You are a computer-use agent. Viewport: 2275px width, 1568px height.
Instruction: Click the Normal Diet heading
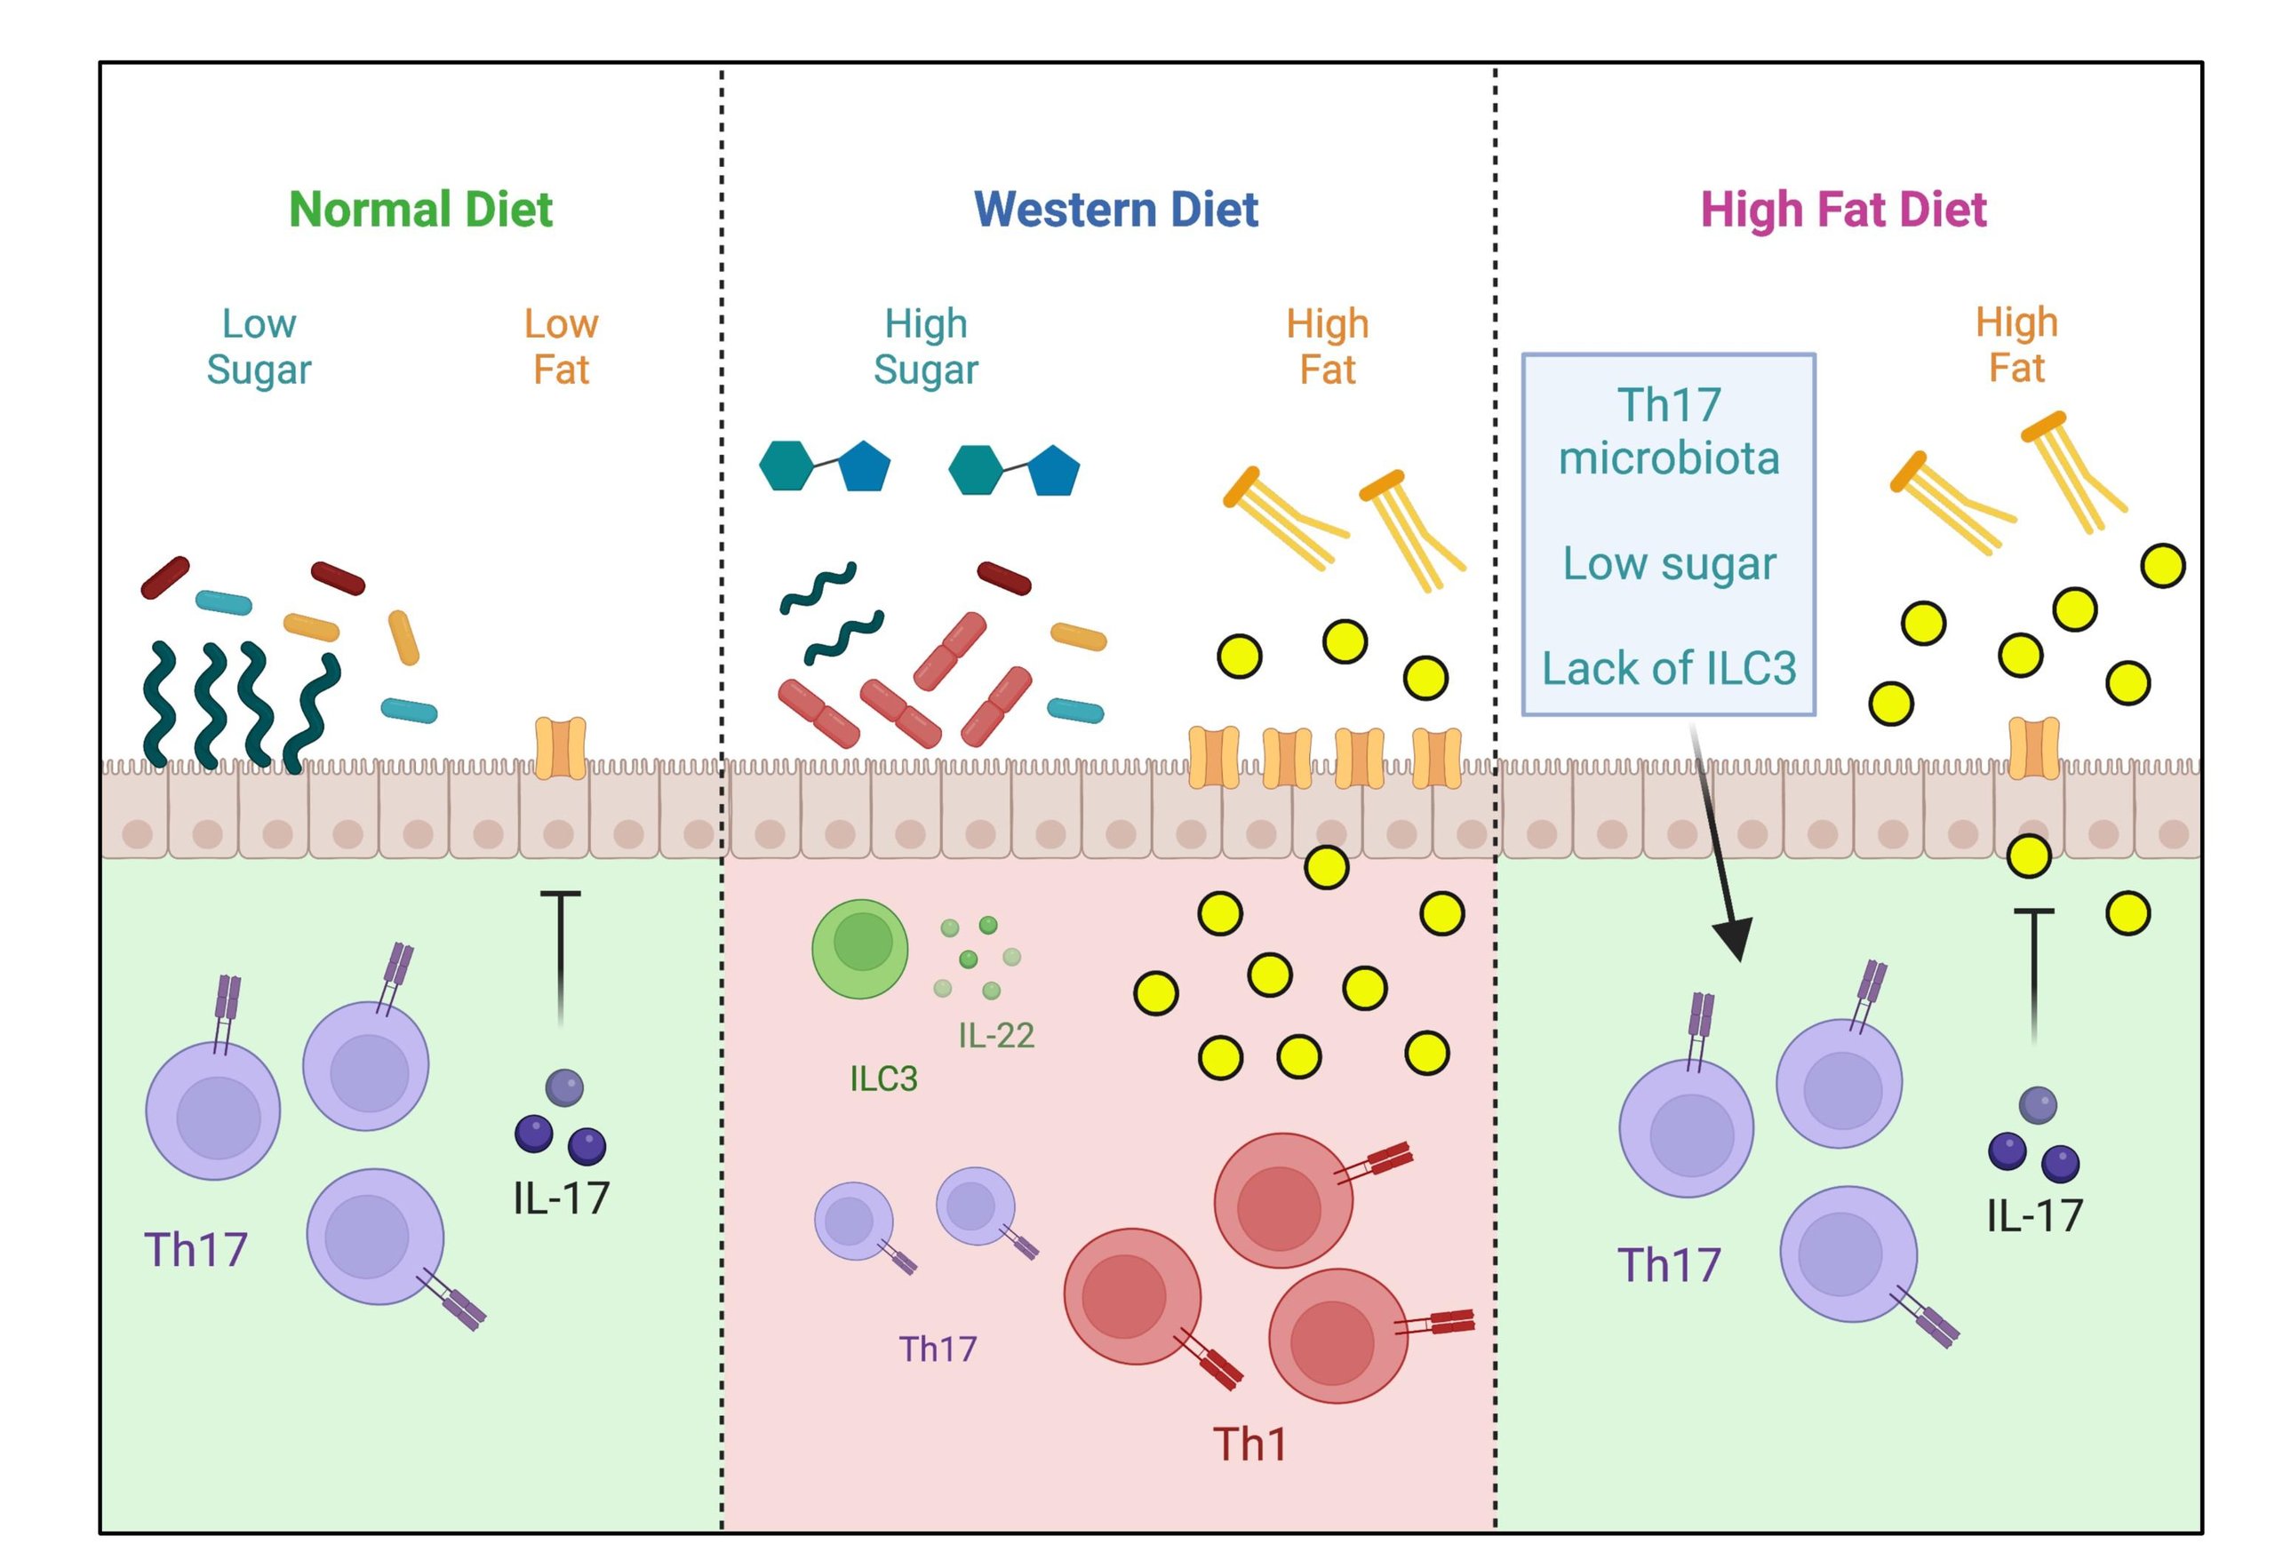click(x=420, y=210)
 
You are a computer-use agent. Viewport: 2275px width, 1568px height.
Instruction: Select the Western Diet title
click(x=1115, y=210)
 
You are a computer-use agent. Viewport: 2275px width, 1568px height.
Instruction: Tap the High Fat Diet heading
click(x=1844, y=210)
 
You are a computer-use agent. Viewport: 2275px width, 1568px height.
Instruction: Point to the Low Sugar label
click(x=259, y=346)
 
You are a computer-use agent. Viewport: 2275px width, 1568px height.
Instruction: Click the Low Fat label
click(x=561, y=346)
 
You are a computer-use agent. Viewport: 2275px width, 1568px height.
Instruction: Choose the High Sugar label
click(x=926, y=346)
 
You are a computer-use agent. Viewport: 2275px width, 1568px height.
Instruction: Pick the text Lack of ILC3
click(x=1669, y=668)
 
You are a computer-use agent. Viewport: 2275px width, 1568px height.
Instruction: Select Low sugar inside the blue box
click(x=1669, y=563)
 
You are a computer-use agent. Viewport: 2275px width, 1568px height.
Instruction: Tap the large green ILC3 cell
click(x=860, y=948)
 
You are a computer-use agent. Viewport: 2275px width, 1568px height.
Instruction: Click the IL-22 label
click(x=995, y=1035)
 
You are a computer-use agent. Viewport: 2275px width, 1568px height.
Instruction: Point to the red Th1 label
click(x=1249, y=1444)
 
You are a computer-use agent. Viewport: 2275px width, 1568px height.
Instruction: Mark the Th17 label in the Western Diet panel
click(x=938, y=1349)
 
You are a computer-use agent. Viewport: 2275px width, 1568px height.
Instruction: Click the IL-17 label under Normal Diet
click(x=561, y=1198)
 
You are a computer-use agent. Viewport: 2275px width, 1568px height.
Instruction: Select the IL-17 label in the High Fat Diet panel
click(x=2034, y=1216)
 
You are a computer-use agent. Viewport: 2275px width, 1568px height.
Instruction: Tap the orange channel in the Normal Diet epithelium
click(x=560, y=746)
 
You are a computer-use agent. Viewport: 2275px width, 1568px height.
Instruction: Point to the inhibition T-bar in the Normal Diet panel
click(x=560, y=953)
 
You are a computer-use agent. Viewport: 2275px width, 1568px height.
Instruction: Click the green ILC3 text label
click(x=882, y=1078)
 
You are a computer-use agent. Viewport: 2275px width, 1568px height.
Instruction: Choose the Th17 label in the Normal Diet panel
click(x=196, y=1250)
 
